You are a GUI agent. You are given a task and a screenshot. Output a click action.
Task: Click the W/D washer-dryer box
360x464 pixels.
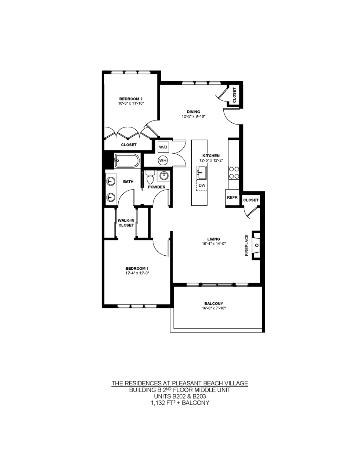[x=163, y=147]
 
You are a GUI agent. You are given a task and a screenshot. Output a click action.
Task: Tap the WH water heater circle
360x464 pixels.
[x=163, y=160]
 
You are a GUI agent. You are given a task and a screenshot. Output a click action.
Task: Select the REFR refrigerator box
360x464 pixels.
[x=232, y=198]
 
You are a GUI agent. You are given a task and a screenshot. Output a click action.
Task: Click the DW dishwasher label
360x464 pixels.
[x=202, y=185]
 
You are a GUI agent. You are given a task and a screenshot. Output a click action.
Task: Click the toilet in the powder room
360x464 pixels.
[x=150, y=177]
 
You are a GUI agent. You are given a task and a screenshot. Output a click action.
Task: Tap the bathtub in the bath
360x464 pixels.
[x=127, y=161]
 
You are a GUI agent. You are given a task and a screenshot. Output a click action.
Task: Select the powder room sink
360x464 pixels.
[x=164, y=176]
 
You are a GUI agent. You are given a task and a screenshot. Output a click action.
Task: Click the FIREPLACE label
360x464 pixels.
[x=247, y=245]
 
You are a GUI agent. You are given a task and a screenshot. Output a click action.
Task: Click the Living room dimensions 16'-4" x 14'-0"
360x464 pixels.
[x=213, y=244]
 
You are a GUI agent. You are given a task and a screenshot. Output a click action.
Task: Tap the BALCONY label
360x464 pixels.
[x=213, y=303]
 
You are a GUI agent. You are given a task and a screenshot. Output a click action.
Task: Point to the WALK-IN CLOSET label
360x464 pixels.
[x=126, y=223]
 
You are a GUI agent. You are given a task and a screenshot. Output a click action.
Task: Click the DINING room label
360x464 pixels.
[x=193, y=112]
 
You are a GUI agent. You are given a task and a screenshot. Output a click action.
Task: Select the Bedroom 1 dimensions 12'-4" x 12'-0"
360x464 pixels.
[x=137, y=273]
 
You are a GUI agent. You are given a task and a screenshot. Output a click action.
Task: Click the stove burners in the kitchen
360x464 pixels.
[x=234, y=173]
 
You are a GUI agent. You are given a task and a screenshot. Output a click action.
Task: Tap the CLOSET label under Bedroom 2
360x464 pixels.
[x=129, y=145]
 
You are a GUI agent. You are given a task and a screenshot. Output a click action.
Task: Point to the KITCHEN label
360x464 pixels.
[x=211, y=156]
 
